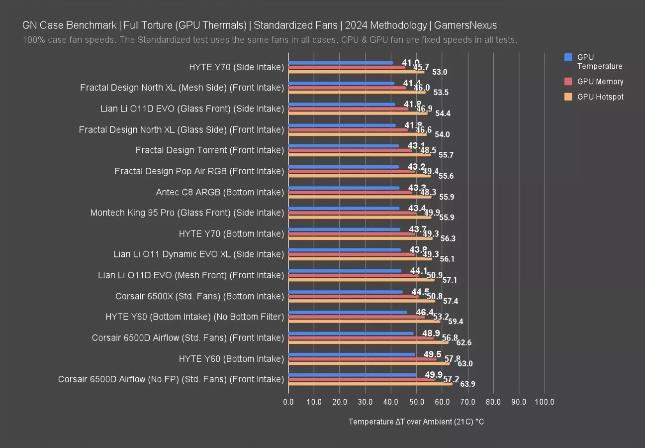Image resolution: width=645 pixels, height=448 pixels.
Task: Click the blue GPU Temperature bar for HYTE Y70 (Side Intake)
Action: coord(341,63)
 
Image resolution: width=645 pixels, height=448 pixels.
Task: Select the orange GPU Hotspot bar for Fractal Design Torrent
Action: coord(359,155)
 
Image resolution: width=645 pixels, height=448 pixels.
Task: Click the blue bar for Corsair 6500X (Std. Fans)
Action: coord(345,292)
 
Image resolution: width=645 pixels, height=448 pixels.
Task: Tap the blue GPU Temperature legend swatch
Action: coord(568,57)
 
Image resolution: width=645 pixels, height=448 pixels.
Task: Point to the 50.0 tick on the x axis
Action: coord(416,402)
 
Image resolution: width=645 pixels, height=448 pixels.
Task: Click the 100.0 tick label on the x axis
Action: coord(545,402)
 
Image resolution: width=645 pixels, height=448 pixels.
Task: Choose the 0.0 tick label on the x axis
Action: coord(288,402)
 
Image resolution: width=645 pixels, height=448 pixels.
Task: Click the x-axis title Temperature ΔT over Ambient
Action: coord(416,422)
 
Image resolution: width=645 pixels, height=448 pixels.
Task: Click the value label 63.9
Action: coord(468,384)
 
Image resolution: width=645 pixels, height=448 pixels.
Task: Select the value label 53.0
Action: coord(440,72)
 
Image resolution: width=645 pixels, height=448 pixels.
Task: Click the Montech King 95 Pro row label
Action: coord(187,213)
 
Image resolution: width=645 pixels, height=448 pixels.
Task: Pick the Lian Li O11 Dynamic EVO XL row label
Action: coord(198,254)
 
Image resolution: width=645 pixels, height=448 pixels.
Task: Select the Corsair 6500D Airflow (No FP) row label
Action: coord(171,379)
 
